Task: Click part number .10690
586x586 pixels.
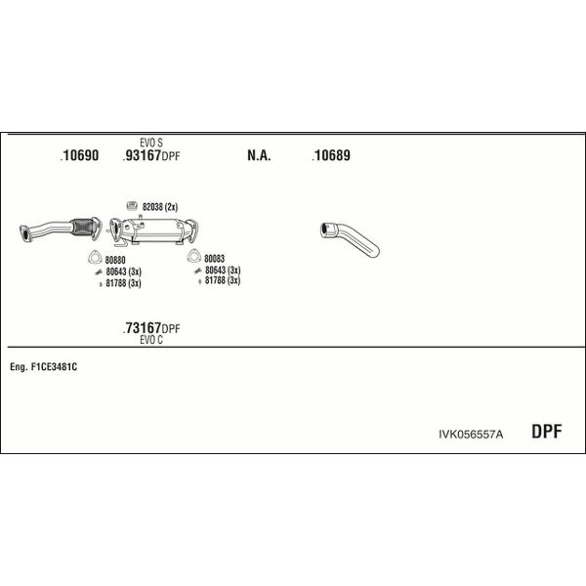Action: [x=79, y=155]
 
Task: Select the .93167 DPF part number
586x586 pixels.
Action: [x=151, y=155]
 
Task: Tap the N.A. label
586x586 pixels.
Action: [x=259, y=155]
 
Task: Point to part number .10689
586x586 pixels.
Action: [x=331, y=155]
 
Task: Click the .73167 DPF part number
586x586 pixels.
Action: [x=151, y=328]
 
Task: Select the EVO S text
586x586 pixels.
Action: [x=151, y=143]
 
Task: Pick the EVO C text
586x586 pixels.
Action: [x=151, y=340]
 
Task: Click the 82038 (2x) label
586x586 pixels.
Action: [x=160, y=207]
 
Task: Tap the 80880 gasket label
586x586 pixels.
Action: [x=115, y=260]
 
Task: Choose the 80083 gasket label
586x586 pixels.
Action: [x=214, y=258]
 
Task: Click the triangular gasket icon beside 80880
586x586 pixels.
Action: [x=95, y=258]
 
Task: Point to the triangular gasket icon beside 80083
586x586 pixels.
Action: [x=194, y=256]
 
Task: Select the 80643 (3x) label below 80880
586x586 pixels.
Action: [x=123, y=272]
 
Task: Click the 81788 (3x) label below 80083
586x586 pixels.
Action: [x=223, y=280]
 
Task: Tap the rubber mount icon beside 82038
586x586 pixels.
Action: [x=132, y=205]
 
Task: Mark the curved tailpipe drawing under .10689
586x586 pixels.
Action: [x=350, y=239]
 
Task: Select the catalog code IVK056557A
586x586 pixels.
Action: [x=471, y=435]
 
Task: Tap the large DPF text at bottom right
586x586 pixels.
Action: [x=546, y=432]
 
